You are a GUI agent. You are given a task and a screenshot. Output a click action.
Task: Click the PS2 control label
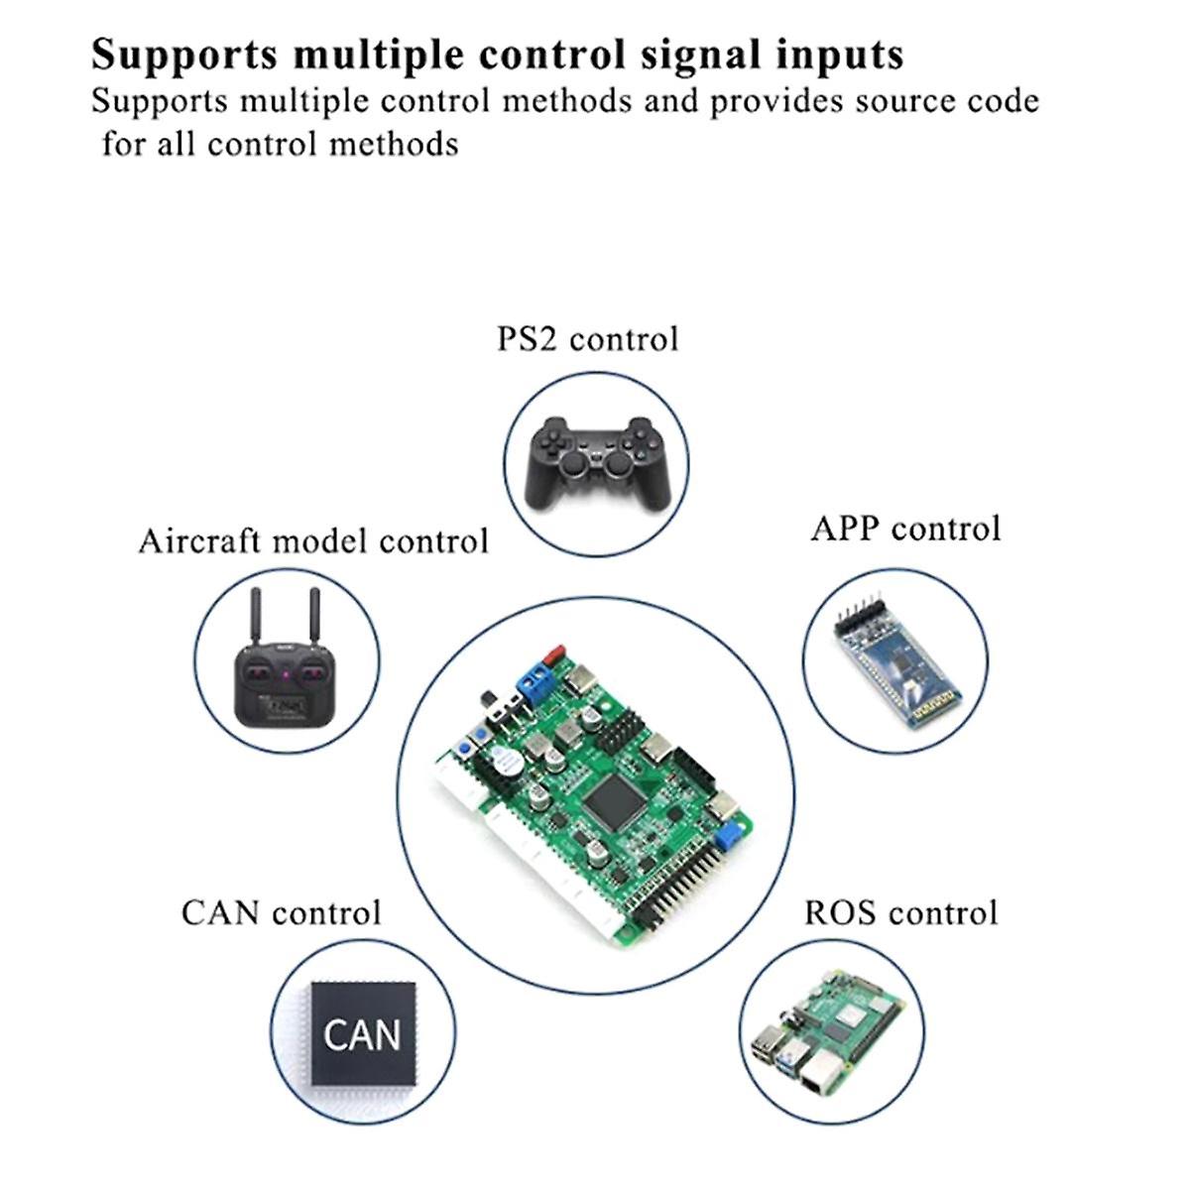[587, 339]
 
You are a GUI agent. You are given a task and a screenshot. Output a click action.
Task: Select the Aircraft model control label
[313, 541]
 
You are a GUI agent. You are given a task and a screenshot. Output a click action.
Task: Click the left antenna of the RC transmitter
[254, 619]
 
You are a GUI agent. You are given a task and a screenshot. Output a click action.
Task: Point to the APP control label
[905, 529]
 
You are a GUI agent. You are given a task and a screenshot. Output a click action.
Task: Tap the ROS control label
[900, 912]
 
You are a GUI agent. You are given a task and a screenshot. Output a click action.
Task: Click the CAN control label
[281, 912]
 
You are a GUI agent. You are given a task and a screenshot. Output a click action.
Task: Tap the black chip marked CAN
[363, 1034]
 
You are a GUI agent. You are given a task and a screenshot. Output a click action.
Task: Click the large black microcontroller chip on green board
[615, 799]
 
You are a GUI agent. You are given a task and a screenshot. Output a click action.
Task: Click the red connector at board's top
[554, 655]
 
